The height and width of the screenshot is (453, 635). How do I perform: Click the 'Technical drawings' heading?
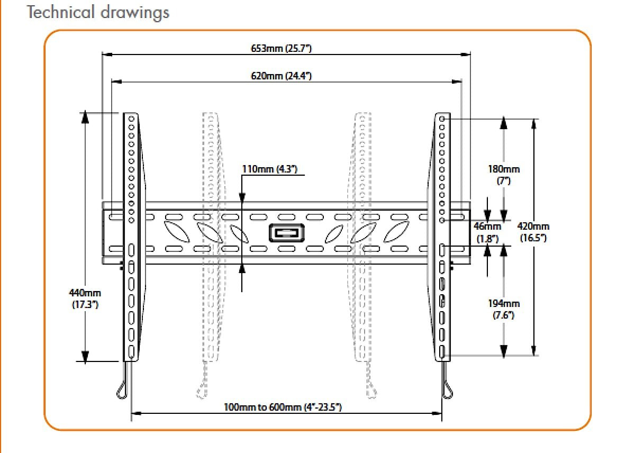click(x=98, y=12)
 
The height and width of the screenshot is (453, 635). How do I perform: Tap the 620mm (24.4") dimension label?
click(x=281, y=76)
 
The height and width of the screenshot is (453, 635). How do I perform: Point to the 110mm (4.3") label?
click(x=270, y=169)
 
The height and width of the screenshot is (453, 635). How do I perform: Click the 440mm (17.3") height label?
click(x=85, y=298)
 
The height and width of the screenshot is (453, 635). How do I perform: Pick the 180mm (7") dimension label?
click(x=503, y=175)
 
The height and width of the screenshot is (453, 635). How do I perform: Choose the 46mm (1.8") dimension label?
click(x=487, y=232)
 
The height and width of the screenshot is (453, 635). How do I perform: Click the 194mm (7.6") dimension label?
click(x=503, y=309)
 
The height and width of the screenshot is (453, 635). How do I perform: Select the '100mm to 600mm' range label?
click(x=283, y=407)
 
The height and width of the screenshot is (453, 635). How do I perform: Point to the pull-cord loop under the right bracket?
click(x=448, y=389)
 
